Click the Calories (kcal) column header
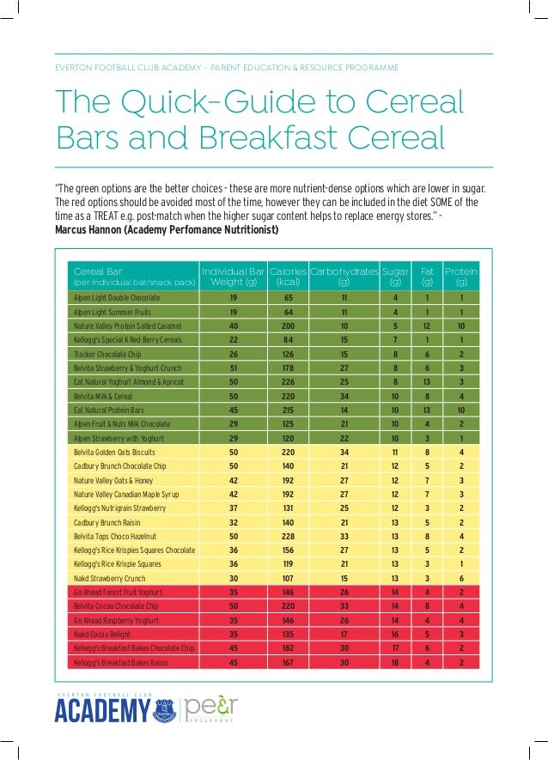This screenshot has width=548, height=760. pos(288,276)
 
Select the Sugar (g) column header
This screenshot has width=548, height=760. pos(395,276)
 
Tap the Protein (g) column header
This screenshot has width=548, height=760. pos(461,276)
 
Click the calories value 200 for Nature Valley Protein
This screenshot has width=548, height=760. pos(288,326)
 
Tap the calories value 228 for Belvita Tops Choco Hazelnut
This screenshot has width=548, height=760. pos(288,536)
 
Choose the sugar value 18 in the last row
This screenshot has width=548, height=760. pos(395,662)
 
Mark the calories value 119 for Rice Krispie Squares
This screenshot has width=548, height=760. pos(288,564)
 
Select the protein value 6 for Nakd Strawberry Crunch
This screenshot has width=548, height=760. pos(461,579)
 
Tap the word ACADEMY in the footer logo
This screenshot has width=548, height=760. pos(102,712)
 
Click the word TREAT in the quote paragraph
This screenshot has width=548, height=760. pos(113,216)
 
